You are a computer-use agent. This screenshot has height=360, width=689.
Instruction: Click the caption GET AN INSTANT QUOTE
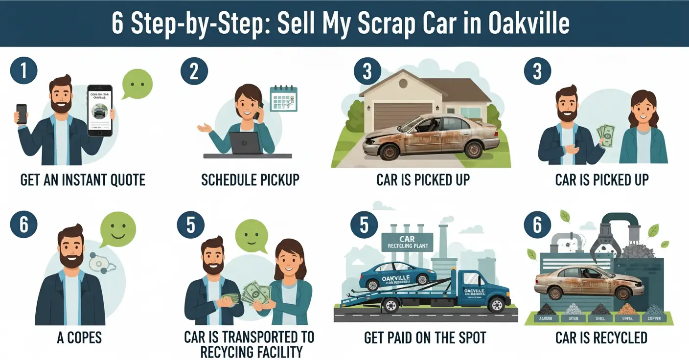point(83,180)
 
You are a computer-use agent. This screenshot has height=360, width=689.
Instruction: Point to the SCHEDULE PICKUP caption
point(250,180)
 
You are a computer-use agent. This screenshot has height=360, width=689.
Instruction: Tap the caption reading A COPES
point(80,337)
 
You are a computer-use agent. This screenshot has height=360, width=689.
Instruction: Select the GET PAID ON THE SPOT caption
point(425,337)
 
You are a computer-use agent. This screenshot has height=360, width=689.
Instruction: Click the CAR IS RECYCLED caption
point(601,337)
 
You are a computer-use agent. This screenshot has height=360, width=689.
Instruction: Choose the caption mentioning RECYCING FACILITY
point(249,344)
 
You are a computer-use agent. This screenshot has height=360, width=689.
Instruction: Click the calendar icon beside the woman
point(283,98)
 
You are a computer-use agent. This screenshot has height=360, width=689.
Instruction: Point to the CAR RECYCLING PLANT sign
point(407,242)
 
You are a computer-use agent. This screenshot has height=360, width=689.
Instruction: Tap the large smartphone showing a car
point(100,111)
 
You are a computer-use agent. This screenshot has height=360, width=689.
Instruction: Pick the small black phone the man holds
point(22,113)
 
